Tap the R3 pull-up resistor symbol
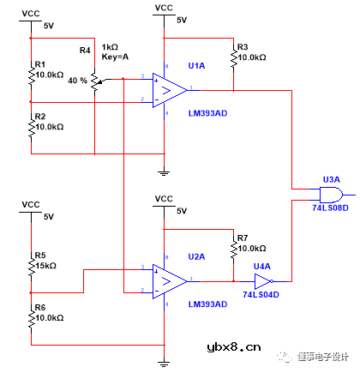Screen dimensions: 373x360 (x=233, y=58)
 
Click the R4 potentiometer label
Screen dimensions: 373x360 (x=85, y=51)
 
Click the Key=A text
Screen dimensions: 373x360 (x=117, y=57)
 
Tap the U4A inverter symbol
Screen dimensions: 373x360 (x=263, y=280)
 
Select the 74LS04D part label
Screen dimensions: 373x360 (x=261, y=294)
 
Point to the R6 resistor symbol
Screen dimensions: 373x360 (x=31, y=317)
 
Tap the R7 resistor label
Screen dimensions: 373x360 (x=243, y=238)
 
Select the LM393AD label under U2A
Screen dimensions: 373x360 (x=207, y=304)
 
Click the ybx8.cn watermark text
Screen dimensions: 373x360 (x=233, y=348)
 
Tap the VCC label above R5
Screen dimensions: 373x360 (x=31, y=204)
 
